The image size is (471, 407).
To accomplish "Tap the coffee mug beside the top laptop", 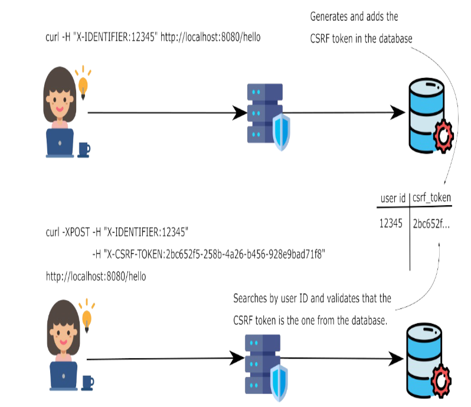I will tap(83, 149).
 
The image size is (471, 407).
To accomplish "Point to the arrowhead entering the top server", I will tap(239, 112).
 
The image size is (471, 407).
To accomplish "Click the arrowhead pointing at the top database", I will tap(397, 112).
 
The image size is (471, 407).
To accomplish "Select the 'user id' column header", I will tap(393, 199).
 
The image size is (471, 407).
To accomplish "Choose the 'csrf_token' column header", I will tap(431, 199).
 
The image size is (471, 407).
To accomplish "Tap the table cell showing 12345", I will tap(391, 223).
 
